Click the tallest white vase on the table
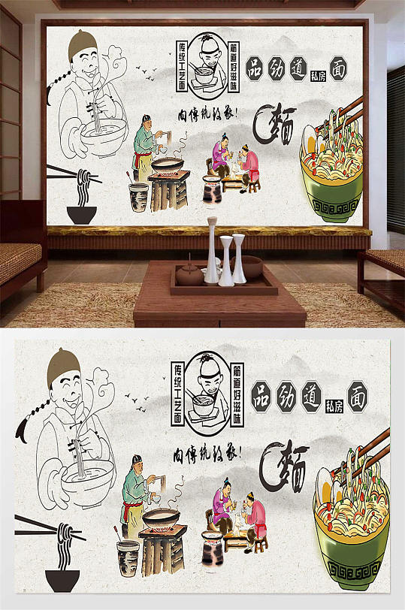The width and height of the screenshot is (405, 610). [212, 251]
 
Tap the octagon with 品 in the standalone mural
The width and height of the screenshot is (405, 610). [263, 392]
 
